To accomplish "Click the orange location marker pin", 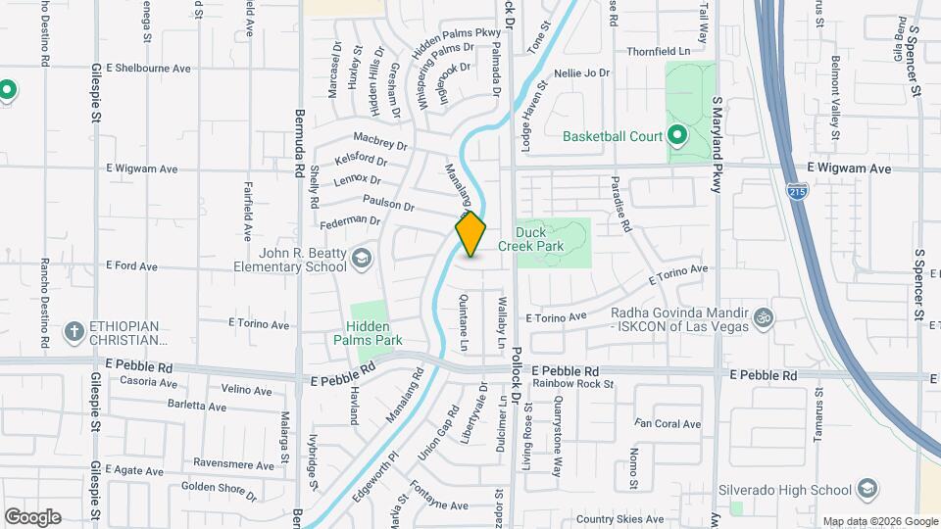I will click(470, 234).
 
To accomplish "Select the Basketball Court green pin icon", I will click(677, 136).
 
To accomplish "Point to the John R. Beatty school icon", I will click(361, 258).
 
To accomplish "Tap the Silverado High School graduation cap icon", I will click(867, 489).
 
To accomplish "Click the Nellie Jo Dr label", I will click(582, 73).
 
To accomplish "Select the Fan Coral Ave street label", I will click(668, 424).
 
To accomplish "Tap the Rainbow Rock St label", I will click(573, 383).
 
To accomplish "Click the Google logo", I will click(32, 516).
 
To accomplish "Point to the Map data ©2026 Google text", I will click(879, 521).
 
